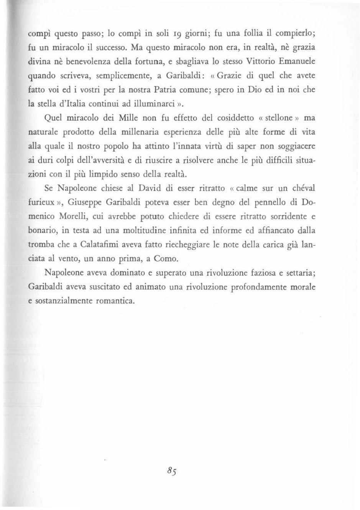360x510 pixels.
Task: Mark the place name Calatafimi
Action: tap(103, 245)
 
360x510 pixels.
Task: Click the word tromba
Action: tap(41, 245)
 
